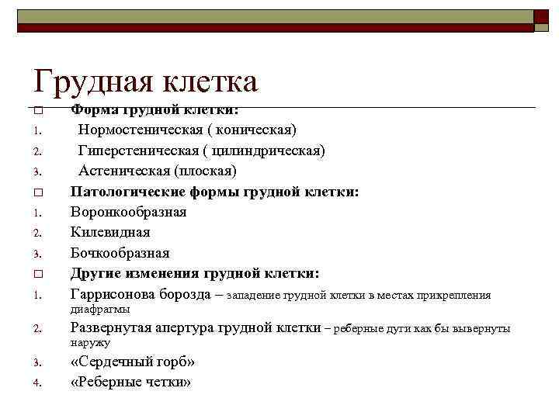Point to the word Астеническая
pyautogui.click(x=124, y=170)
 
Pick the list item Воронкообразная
pyautogui.click(x=128, y=212)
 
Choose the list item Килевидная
pyautogui.click(x=110, y=232)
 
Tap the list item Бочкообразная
pyautogui.click(x=120, y=253)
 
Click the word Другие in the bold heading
pyautogui.click(x=97, y=274)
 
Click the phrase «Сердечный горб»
pyautogui.click(x=133, y=362)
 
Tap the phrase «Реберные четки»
pyautogui.click(x=130, y=383)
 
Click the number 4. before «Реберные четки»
pyautogui.click(x=36, y=383)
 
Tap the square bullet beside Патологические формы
pyautogui.click(x=37, y=192)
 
